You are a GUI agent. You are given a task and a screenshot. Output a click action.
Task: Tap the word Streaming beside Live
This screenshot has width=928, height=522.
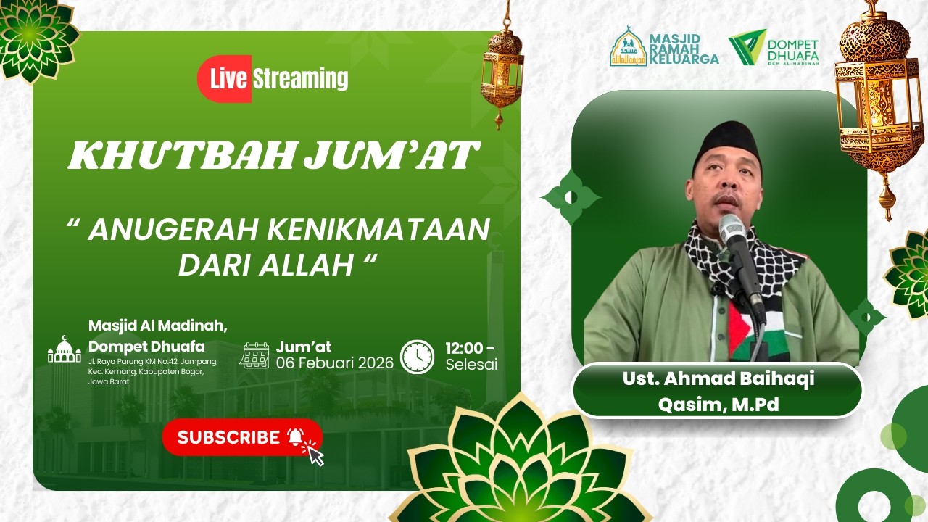300,79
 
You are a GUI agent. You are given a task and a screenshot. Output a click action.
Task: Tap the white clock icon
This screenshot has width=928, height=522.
418,357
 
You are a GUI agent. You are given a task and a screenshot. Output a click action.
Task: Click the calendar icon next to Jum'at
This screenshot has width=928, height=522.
254,355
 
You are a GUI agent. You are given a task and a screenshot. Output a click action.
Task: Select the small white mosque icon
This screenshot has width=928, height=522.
65,350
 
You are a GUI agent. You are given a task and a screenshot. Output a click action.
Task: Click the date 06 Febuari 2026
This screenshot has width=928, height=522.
334,362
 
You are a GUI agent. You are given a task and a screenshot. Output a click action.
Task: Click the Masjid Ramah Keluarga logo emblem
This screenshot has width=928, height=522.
628,47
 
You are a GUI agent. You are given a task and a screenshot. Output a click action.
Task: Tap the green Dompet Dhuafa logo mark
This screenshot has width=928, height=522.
747,48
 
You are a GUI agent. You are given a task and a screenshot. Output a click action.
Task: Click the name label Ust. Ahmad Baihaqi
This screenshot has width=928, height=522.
718,379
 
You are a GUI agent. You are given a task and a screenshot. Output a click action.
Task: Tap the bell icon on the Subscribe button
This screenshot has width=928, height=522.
295,436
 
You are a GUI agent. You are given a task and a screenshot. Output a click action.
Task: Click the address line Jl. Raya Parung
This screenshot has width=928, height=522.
153,362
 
